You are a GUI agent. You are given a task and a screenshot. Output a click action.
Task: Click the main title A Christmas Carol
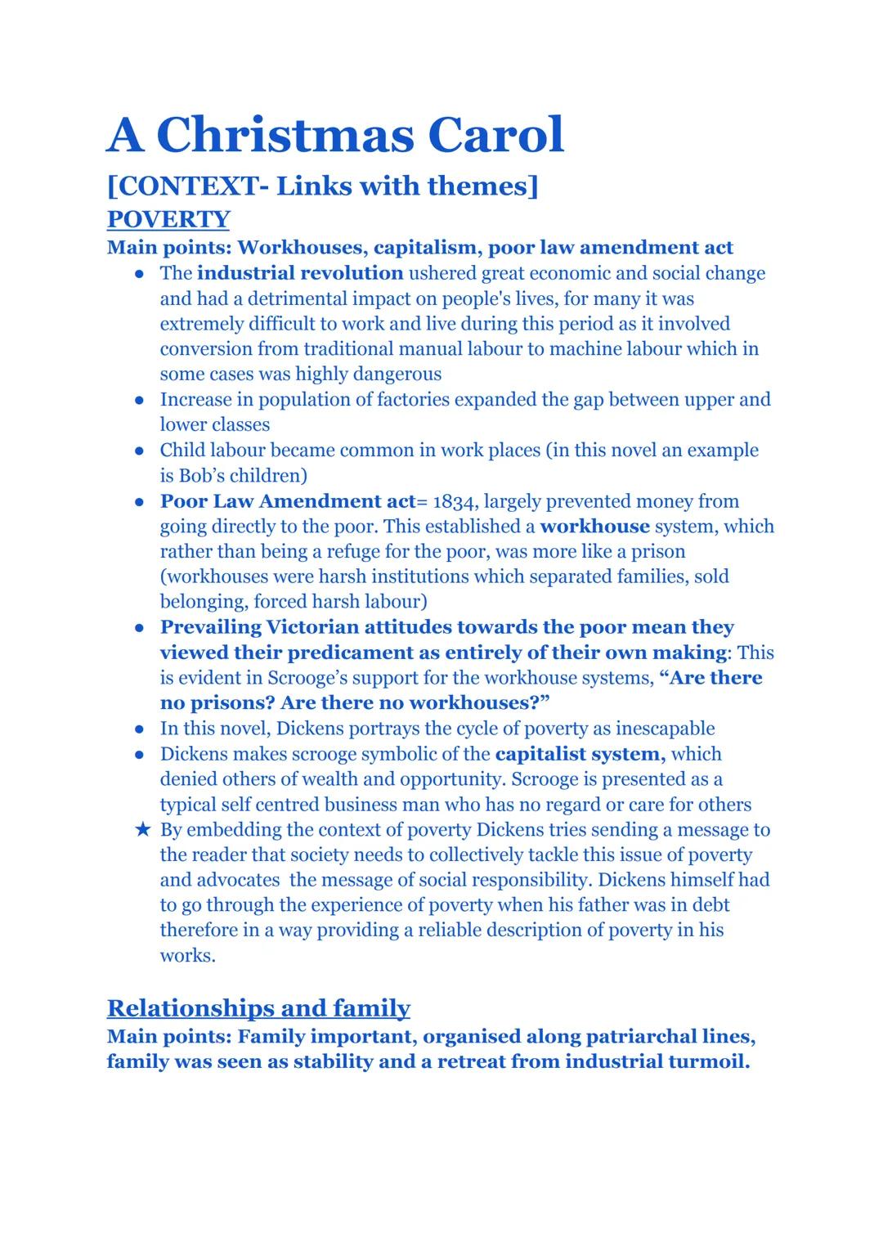pyautogui.click(x=335, y=135)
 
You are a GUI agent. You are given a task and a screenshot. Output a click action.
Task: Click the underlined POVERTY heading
pyautogui.click(x=168, y=219)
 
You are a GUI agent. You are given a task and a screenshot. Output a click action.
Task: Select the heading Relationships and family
pyautogui.click(x=258, y=1007)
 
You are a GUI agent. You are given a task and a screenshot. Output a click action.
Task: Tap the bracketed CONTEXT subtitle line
pyautogui.click(x=323, y=186)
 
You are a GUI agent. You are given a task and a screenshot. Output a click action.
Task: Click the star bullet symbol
pyautogui.click(x=143, y=830)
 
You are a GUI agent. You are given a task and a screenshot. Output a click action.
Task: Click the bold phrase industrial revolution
pyautogui.click(x=300, y=273)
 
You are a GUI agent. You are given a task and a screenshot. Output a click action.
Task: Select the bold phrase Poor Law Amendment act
pyautogui.click(x=288, y=501)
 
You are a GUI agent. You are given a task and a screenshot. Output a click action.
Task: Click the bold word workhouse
pyautogui.click(x=594, y=527)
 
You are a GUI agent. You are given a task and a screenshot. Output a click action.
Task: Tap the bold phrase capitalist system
pyautogui.click(x=580, y=754)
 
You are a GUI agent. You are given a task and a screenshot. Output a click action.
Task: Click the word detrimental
pyautogui.click(x=293, y=298)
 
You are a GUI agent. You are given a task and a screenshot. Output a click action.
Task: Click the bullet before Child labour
pyautogui.click(x=141, y=451)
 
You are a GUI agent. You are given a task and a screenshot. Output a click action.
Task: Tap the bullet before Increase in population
pyautogui.click(x=141, y=400)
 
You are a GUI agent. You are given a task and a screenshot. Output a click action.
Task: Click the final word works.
pyautogui.click(x=187, y=956)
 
